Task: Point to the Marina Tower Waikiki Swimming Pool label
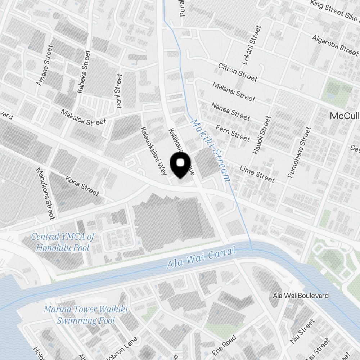pos(86,315)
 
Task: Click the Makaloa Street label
pos(83,117)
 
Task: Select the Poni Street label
pos(120,91)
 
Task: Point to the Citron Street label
pos(238,72)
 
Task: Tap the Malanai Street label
pos(234,91)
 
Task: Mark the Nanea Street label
pos(230,111)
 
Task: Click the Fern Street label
pos(233,133)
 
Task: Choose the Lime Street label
pos(257,174)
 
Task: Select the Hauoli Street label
pos(262,135)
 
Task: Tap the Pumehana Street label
pos(299,152)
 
